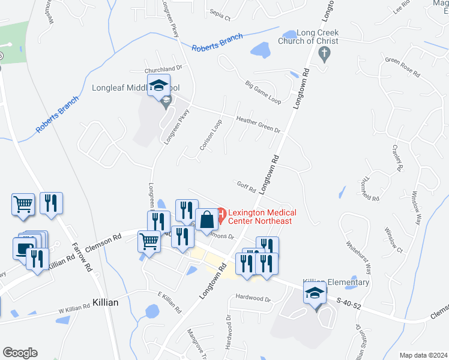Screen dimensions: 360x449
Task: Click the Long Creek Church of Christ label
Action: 308,37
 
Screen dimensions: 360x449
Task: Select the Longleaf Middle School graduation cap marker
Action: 158,87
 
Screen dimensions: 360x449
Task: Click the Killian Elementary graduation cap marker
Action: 315,293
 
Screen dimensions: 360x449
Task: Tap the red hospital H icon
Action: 221,213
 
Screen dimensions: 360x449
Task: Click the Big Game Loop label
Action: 263,92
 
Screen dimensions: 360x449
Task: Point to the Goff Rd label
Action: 246,187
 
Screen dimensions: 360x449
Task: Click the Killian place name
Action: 106,303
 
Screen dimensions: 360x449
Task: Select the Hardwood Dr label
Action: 253,298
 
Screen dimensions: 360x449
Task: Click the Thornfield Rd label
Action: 368,189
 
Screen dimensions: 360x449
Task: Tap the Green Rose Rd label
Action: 402,67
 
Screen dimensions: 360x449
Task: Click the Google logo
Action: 20,353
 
